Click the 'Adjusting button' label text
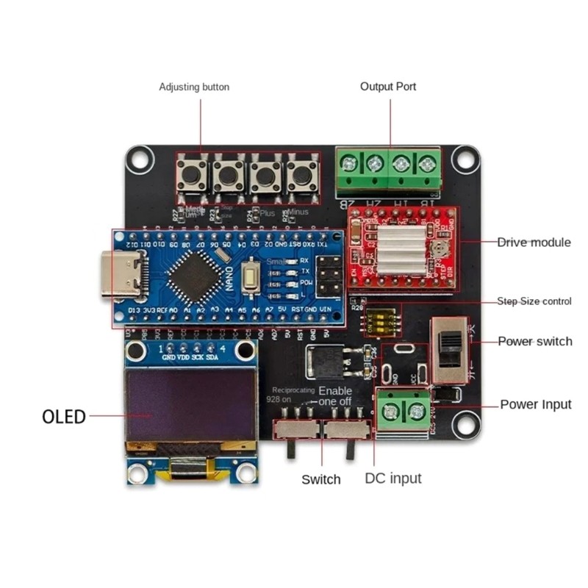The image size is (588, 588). [194, 87]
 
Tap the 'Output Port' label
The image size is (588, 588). [388, 86]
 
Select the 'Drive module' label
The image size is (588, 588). [534, 242]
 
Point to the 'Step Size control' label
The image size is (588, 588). [534, 301]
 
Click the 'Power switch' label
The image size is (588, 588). [535, 341]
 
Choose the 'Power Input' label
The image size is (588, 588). [536, 404]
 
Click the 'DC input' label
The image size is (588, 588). [393, 478]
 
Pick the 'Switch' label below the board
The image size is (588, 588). [321, 479]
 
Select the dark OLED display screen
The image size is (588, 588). [180, 405]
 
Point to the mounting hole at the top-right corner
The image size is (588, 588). [464, 157]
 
